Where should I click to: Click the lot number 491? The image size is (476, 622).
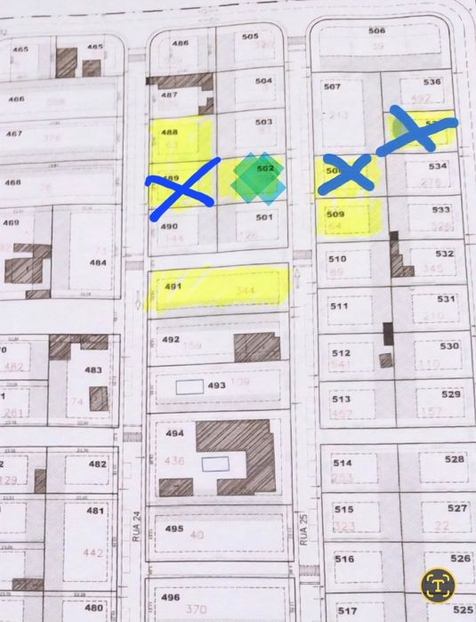point(173,287)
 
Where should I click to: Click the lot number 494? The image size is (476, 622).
point(174,433)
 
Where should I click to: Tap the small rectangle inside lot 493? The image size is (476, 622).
point(189,387)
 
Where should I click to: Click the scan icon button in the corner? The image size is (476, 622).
point(439,584)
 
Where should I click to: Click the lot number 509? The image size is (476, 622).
point(335,214)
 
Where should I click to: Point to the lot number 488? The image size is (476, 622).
point(169,132)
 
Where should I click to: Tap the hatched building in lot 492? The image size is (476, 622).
point(257,347)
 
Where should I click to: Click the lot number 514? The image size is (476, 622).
point(342,463)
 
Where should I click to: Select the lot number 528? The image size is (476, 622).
point(455,458)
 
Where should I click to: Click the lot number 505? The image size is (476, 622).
point(249,36)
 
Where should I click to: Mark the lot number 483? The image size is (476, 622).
point(93,370)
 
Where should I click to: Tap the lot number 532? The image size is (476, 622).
point(444,253)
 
